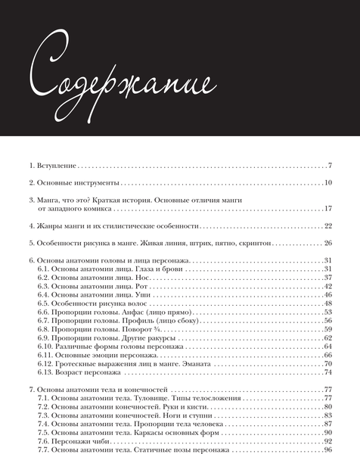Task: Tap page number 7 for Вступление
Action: pos(331,164)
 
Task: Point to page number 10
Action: pos(328,182)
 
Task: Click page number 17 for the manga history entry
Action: pos(328,208)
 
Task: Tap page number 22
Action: pos(328,225)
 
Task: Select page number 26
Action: pos(328,243)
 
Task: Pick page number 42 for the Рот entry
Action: pos(328,286)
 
